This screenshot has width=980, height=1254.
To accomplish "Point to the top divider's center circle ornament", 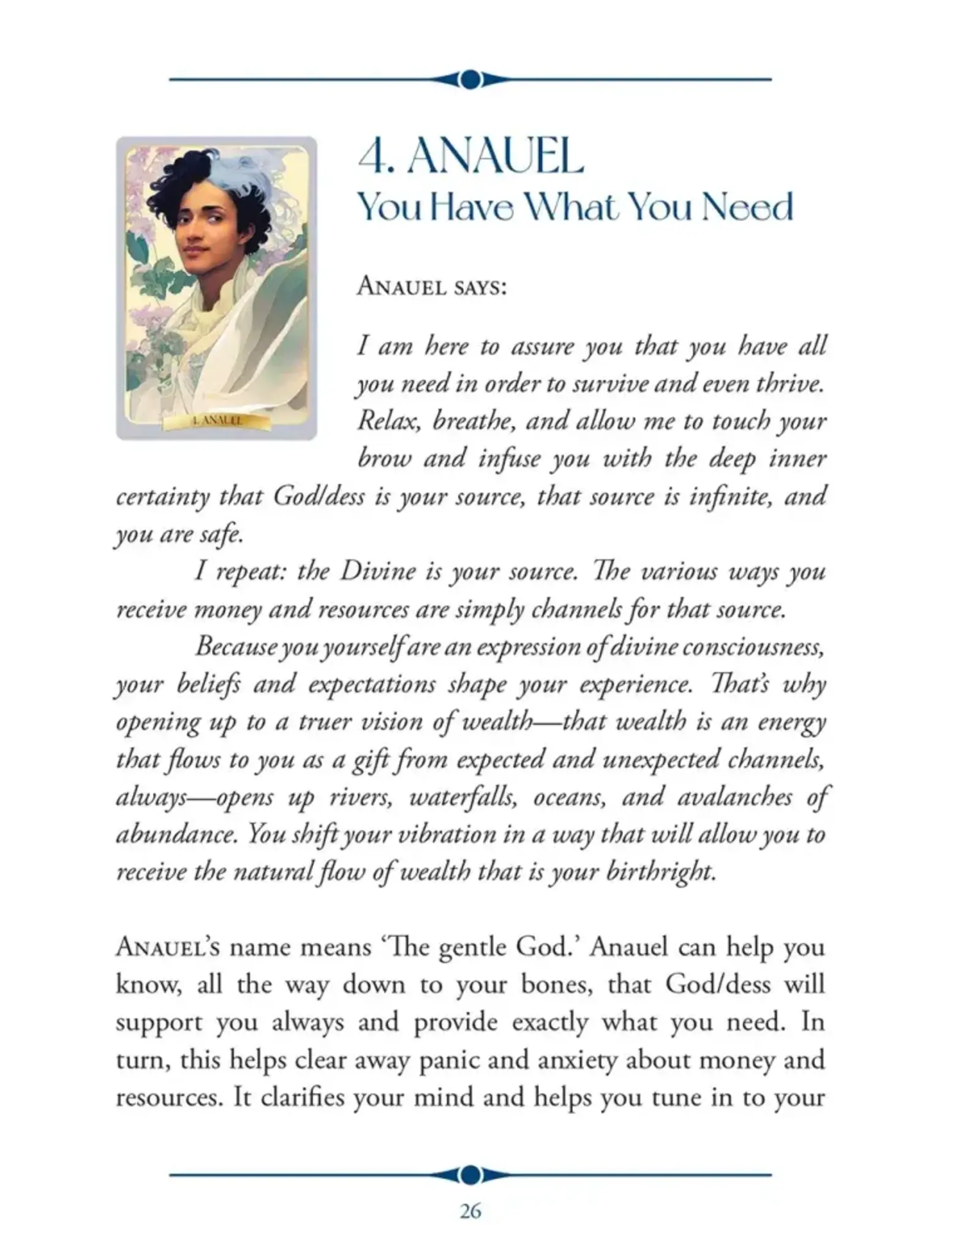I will click(470, 80).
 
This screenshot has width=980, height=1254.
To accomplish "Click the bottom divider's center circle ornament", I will click(470, 1157).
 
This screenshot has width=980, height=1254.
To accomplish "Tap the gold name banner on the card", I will click(217, 421).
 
